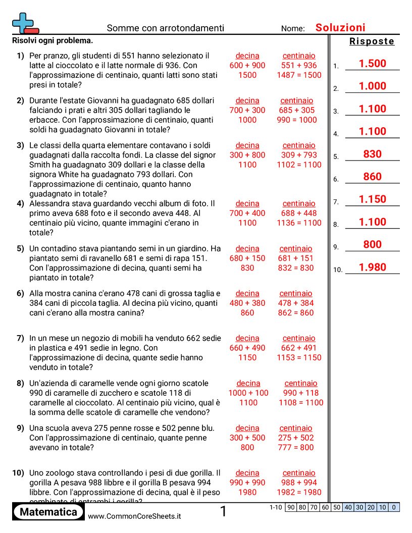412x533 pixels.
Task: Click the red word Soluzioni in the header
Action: coord(340,28)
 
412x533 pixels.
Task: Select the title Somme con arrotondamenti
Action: coord(166,28)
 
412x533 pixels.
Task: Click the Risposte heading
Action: coord(372,41)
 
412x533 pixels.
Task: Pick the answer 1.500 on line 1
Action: coord(372,64)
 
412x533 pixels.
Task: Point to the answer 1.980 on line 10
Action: coord(372,268)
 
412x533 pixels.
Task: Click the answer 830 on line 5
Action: coord(372,154)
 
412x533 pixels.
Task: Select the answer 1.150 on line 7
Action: coord(372,199)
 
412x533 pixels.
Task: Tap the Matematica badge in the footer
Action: coord(48,512)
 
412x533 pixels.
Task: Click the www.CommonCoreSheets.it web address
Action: coord(134,516)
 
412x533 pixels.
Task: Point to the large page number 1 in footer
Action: coord(223,512)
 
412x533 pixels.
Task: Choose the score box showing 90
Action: coord(291,507)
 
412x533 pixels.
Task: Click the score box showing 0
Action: coord(394,507)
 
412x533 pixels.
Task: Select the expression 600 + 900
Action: coord(247,66)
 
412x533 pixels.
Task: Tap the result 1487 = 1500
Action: coord(299,75)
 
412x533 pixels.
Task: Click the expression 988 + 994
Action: coord(299,483)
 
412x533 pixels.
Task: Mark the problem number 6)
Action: coord(20,294)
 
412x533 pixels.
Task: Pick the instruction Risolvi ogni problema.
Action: coord(53,41)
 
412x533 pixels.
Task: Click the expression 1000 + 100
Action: coord(248,393)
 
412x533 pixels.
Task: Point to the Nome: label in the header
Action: coord(293,29)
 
